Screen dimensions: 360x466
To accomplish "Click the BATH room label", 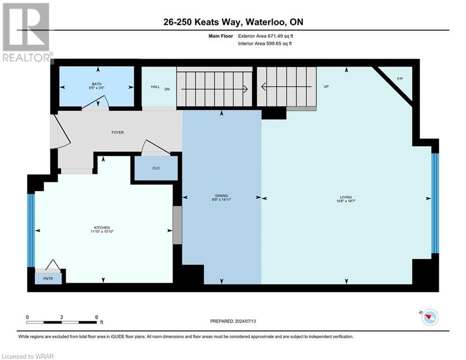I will point(96,84).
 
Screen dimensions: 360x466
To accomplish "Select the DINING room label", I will point(222,196).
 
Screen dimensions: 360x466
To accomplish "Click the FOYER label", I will point(118,133).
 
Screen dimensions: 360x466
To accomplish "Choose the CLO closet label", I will point(156,168).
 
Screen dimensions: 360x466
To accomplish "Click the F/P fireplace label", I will point(400,78).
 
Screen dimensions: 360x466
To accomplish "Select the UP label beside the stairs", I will point(326,87).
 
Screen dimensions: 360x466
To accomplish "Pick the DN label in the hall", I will point(167,87).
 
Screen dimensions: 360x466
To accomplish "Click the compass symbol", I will point(429,317).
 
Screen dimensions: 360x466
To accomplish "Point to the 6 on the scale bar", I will point(96,317).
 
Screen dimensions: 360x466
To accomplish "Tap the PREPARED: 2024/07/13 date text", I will point(239,321).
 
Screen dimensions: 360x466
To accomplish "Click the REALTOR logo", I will point(27,32).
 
